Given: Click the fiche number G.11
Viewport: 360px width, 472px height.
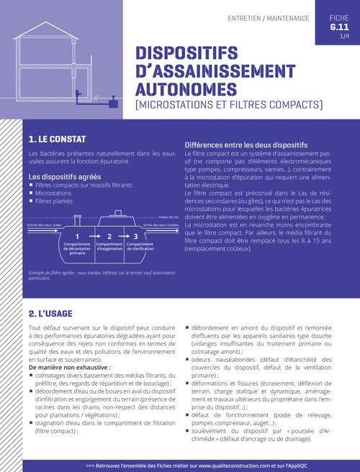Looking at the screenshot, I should [338, 27].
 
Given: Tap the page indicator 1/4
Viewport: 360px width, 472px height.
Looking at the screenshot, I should [343, 36].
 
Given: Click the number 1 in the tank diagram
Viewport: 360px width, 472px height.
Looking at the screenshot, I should [76, 235].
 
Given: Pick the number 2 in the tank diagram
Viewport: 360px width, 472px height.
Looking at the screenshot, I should [109, 235].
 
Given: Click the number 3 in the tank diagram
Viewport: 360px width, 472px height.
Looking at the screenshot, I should [136, 235].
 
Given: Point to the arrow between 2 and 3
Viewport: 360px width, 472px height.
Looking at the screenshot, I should [122, 235].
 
